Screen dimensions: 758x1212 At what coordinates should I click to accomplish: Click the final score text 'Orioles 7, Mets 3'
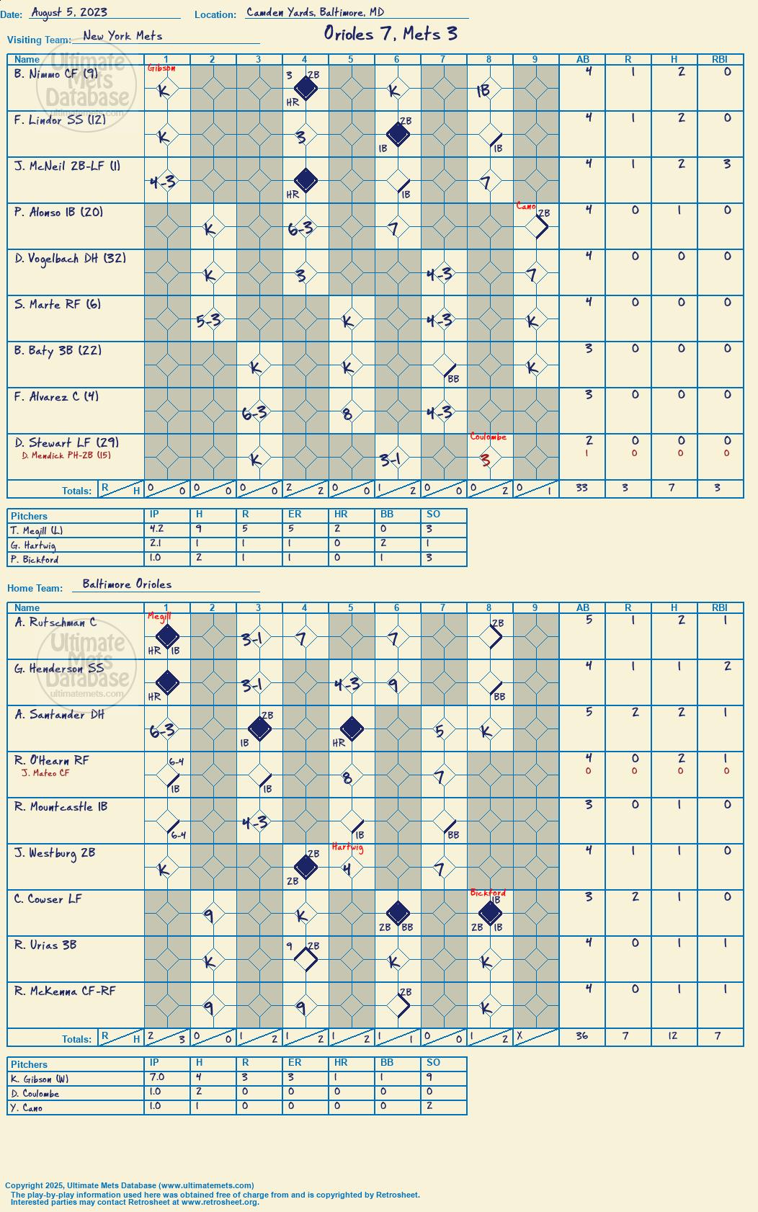(391, 34)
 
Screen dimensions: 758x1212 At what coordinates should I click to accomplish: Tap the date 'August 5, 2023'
(68, 12)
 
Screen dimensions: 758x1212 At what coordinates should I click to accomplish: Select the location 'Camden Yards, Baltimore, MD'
(315, 12)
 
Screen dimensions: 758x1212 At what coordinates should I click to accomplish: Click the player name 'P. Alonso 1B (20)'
(58, 212)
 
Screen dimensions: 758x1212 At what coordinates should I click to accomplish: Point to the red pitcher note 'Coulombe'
(488, 437)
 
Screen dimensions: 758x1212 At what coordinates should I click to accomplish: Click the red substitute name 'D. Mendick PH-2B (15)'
(66, 455)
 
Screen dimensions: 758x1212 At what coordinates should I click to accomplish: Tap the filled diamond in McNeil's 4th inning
(306, 180)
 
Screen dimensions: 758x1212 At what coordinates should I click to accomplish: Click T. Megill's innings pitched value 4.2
(156, 529)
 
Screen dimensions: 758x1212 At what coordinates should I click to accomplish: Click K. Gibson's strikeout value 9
(429, 1077)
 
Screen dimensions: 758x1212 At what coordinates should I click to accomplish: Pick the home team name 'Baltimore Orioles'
(127, 584)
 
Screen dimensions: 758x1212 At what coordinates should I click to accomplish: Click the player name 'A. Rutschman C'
(55, 623)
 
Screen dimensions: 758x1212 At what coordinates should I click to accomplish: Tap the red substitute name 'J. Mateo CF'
(45, 772)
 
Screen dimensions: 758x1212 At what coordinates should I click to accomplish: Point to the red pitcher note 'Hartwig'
(347, 847)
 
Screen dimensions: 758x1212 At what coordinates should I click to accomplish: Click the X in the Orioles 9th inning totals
(520, 1035)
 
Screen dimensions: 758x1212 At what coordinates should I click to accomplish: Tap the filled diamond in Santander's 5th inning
(352, 728)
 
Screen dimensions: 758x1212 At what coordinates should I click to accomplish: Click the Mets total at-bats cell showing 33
(581, 487)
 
